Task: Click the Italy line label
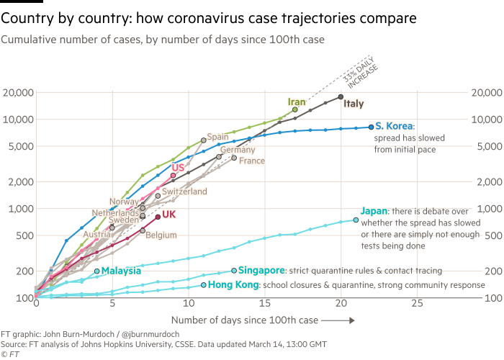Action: coord(354,104)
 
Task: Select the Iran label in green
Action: coord(297,102)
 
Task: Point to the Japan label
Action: coord(374,211)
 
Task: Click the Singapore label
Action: coord(261,270)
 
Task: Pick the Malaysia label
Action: coord(121,271)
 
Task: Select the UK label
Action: coord(169,215)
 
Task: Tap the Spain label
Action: coord(217,137)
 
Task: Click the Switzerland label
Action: coord(184,192)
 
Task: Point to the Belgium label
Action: coord(161,235)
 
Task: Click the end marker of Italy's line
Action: coord(341,96)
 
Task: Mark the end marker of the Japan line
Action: coord(356,220)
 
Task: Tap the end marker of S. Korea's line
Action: coord(371,127)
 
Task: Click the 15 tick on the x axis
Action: coord(264,303)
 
